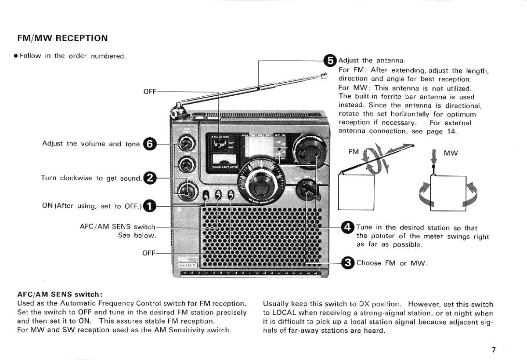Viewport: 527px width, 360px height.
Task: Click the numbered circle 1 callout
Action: (x=150, y=206)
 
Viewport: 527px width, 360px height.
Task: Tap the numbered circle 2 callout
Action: (x=150, y=178)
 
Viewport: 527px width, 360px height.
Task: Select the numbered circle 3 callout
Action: (x=348, y=263)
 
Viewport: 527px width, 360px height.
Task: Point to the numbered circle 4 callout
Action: (x=348, y=227)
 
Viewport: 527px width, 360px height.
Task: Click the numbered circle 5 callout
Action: (x=330, y=60)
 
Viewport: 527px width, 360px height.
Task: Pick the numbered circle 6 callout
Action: (x=150, y=143)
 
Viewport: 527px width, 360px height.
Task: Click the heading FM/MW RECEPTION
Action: (x=62, y=38)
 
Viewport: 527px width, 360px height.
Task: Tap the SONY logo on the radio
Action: (x=188, y=265)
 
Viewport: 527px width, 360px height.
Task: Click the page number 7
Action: (x=494, y=350)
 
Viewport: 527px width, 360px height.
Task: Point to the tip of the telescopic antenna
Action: (x=325, y=76)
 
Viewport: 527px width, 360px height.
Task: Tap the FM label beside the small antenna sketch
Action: (x=354, y=152)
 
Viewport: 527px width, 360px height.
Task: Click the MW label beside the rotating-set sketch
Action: (x=451, y=153)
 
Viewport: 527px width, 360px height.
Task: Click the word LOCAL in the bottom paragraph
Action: (x=283, y=313)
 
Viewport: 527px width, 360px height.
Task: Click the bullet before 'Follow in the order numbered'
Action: (x=15, y=56)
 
